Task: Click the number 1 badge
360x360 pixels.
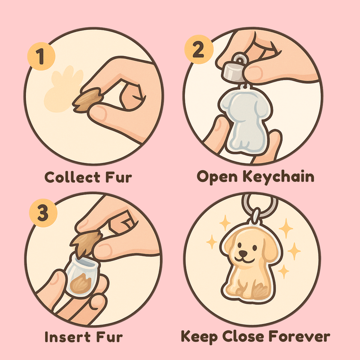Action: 41,56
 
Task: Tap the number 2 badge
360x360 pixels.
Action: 199,49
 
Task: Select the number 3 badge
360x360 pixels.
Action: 43,213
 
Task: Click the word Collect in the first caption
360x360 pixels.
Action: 72,177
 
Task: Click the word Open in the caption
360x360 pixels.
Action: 217,178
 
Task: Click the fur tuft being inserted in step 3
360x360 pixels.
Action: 86,243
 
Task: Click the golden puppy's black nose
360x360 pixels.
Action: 243,253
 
